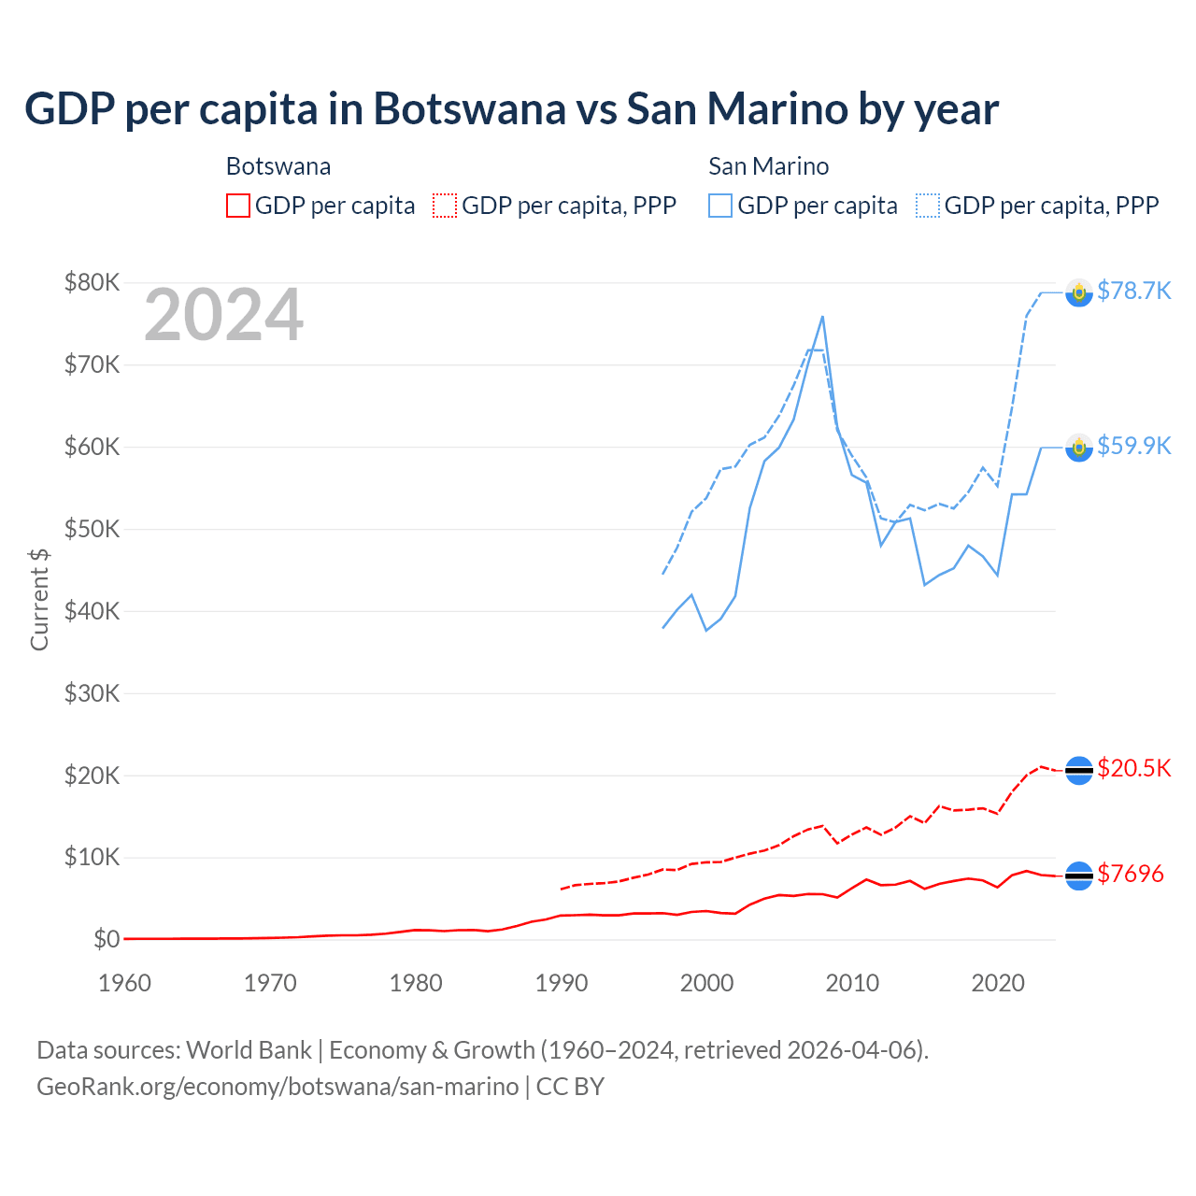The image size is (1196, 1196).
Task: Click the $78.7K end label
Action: [x=1133, y=292]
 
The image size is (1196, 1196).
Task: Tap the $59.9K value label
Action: [x=1133, y=446]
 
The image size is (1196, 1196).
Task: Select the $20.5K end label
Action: [x=1133, y=768]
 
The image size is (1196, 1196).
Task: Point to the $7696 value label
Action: [x=1130, y=874]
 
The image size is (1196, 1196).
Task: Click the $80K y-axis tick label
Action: [x=92, y=282]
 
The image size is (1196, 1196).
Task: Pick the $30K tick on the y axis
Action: [x=92, y=693]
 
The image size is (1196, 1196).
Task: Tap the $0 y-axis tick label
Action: [x=106, y=939]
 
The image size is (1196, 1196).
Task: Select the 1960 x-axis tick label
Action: [x=124, y=983]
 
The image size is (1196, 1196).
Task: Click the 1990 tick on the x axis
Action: [x=562, y=983]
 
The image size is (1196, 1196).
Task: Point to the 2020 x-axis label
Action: [x=998, y=983]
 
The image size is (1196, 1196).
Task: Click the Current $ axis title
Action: [x=39, y=599]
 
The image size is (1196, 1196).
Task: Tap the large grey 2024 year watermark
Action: [x=223, y=315]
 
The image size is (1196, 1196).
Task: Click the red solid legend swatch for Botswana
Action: [x=238, y=206]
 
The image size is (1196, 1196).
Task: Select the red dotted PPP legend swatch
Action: [x=445, y=206]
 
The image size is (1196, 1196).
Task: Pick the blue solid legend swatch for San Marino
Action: [x=720, y=206]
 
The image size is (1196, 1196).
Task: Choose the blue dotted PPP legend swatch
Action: [x=928, y=206]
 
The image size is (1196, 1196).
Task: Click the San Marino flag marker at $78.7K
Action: [x=1079, y=292]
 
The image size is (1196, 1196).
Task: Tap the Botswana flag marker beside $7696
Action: [x=1079, y=876]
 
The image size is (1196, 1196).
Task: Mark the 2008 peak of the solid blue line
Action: [x=822, y=317]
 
